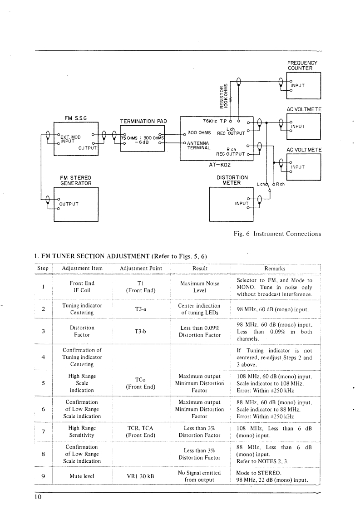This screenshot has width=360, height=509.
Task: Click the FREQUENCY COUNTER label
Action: (x=302, y=65)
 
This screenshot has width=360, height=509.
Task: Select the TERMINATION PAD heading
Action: (x=143, y=121)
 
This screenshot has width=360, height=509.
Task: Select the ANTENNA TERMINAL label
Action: (x=199, y=145)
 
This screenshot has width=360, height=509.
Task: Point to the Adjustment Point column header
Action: (x=141, y=268)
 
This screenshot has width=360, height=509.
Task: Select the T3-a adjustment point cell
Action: (x=141, y=308)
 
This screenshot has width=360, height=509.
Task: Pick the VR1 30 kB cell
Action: (x=141, y=476)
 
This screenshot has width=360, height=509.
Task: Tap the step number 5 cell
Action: (x=43, y=382)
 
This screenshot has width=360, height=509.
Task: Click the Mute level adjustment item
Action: (x=82, y=476)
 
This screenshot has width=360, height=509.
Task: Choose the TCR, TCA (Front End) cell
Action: (x=141, y=431)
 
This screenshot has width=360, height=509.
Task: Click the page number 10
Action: (x=37, y=497)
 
